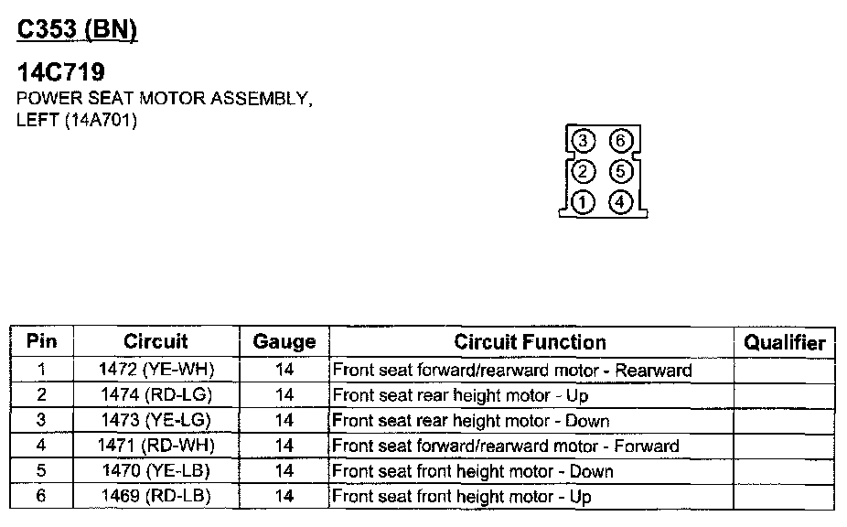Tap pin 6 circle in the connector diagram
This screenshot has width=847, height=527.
[x=620, y=141]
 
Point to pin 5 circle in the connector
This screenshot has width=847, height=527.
[x=620, y=171]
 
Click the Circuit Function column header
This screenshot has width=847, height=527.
[x=530, y=342]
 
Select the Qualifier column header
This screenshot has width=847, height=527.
[x=784, y=343]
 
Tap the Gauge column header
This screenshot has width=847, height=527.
[x=284, y=343]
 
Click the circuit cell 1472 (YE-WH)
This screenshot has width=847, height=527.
[x=155, y=371]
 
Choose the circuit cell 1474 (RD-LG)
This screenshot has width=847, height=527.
[x=155, y=395]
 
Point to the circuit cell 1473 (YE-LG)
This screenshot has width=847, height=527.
[x=155, y=421]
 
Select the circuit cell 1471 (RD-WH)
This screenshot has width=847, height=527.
[x=155, y=446]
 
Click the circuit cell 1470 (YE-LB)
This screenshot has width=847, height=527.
[x=155, y=471]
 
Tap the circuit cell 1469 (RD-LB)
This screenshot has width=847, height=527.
[x=155, y=497]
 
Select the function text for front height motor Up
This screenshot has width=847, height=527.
[x=461, y=497]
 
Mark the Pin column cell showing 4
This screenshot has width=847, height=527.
[x=41, y=446]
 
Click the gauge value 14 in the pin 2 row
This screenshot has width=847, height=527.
[x=284, y=395]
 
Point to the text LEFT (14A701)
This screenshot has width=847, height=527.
[x=77, y=120]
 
